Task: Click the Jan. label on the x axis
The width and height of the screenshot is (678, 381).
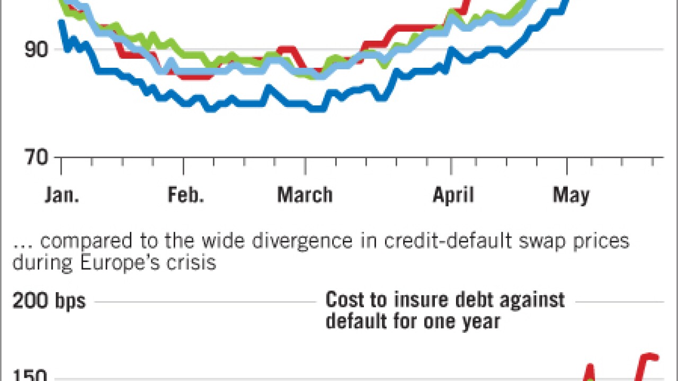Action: [x=62, y=195]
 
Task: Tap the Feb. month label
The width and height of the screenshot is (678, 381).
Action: [x=186, y=195]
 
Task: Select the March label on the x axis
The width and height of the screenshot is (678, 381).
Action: [x=305, y=195]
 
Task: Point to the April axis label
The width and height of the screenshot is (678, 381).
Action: [x=453, y=195]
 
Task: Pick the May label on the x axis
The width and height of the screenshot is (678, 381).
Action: [x=570, y=195]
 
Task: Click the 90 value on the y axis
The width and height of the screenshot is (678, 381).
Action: [x=36, y=50]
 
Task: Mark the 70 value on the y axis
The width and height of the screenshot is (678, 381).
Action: [x=36, y=157]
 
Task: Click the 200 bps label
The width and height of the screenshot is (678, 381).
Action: [x=49, y=301]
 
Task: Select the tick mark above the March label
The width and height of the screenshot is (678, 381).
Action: [x=305, y=166]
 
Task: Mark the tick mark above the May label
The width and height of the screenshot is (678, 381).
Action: [x=567, y=166]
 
